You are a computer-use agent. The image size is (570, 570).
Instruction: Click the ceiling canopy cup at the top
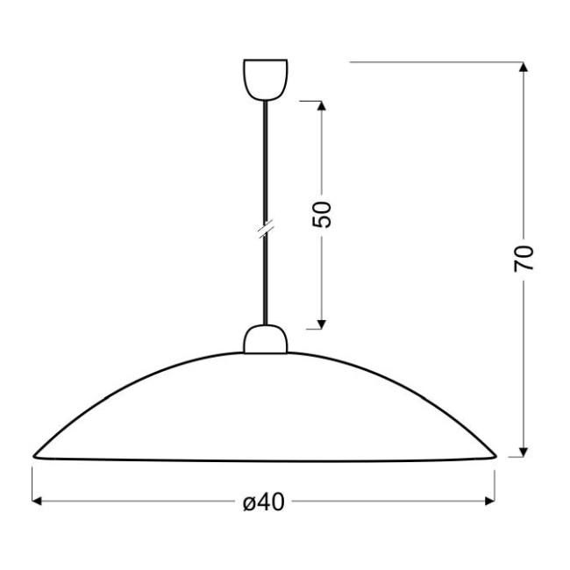(266, 80)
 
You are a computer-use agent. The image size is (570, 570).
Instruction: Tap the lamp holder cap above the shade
(266, 339)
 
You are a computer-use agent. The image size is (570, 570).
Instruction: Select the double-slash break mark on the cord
(266, 229)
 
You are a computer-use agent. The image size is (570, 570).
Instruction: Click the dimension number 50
(322, 215)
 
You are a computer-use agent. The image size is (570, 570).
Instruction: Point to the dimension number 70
(524, 259)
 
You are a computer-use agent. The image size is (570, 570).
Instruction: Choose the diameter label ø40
(264, 502)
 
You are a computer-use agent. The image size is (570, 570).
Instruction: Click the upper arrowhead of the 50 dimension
(321, 105)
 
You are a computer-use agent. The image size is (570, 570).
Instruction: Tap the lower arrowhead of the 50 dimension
(321, 324)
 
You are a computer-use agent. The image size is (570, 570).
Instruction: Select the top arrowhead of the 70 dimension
(524, 67)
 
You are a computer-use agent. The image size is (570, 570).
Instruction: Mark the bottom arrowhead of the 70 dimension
(524, 452)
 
